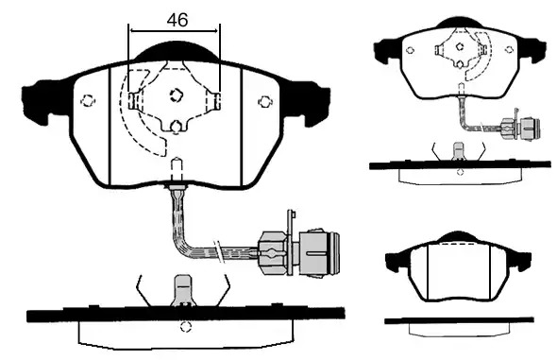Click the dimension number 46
(x=177, y=20)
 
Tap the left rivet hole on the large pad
(x=88, y=101)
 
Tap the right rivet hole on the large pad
(x=264, y=102)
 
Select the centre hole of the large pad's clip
(x=176, y=94)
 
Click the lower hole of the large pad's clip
(x=176, y=127)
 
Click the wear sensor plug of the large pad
(x=299, y=252)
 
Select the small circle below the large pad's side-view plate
(x=185, y=327)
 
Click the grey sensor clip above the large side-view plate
(x=184, y=291)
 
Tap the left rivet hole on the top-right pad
(x=410, y=50)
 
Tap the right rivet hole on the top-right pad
(x=510, y=49)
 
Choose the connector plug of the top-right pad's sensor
(x=521, y=129)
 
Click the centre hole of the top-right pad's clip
(x=460, y=46)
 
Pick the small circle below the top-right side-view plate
(x=460, y=172)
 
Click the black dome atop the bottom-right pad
(x=458, y=237)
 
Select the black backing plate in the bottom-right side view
(x=459, y=320)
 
